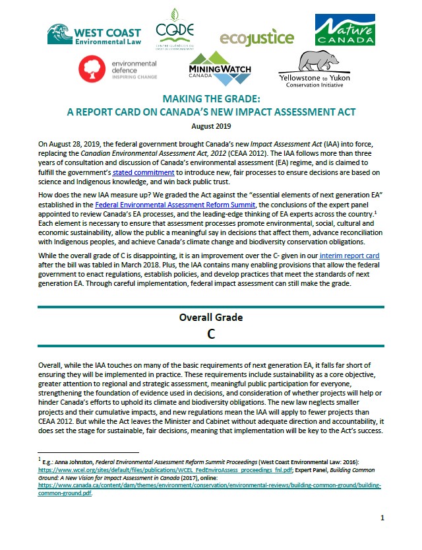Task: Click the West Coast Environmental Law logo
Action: tap(94, 34)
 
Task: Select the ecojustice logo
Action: tap(256, 38)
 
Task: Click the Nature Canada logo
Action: tap(344, 31)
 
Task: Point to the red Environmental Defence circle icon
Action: tap(91, 69)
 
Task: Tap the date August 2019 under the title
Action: tap(211, 125)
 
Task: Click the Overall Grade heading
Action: tap(211, 318)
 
